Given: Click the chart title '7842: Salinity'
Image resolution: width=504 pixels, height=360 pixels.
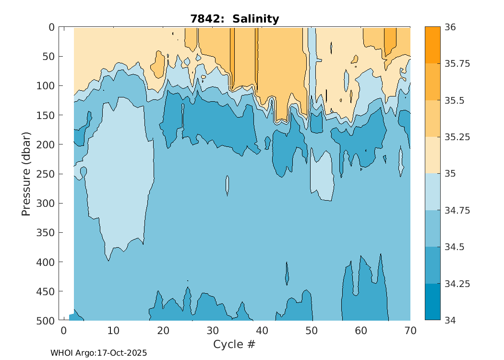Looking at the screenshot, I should tap(235, 19).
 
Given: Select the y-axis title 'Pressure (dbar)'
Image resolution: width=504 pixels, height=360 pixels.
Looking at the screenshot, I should tap(26, 174).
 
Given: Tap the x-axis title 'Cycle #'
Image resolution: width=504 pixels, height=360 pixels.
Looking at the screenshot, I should tap(234, 344).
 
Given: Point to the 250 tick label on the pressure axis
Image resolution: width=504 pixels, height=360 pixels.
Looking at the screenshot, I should tap(46, 174).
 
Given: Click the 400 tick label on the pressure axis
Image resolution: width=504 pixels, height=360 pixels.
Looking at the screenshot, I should tap(46, 262).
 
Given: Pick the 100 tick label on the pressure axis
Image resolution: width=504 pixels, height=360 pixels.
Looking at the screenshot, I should tap(46, 86).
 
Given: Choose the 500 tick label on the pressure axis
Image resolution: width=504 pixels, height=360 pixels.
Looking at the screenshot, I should tap(46, 321).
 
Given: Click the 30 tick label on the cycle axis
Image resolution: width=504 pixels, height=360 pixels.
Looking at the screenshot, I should tap(213, 331).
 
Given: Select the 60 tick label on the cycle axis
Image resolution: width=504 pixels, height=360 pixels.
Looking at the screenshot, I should tap(361, 331).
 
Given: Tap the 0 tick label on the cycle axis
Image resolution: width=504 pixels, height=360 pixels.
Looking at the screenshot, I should tap(63, 331).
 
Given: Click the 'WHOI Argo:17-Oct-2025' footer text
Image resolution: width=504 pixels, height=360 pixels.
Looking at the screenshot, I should tap(98, 353).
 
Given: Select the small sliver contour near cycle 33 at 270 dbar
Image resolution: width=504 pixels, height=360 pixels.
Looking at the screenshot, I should tap(228, 185).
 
